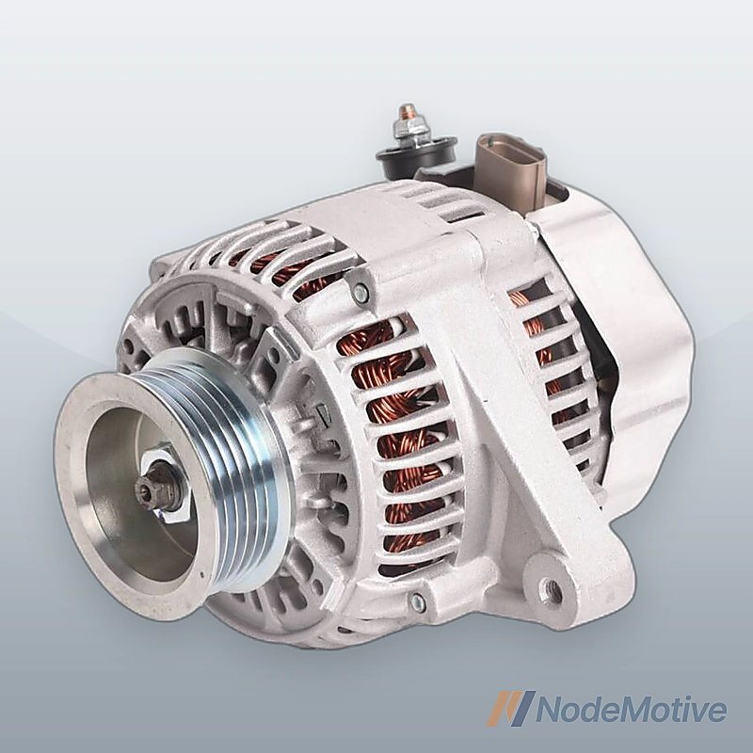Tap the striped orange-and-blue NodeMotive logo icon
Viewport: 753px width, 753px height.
(510, 709)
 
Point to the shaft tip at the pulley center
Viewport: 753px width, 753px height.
(143, 489)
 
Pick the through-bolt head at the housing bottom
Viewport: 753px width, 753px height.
(417, 600)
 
